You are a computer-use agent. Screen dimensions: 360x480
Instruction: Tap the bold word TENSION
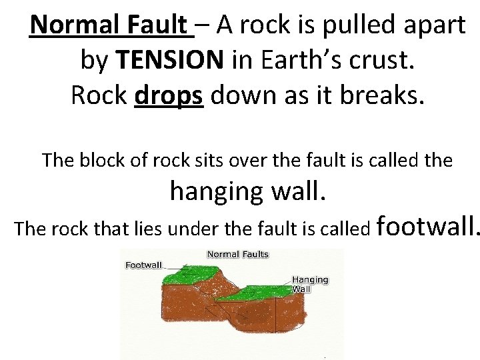(x=170, y=60)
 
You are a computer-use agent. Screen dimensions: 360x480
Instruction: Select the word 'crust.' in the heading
(x=383, y=60)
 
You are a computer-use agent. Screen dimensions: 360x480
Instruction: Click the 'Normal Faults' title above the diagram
(x=238, y=254)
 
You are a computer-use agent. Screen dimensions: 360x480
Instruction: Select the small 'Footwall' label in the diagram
(x=144, y=265)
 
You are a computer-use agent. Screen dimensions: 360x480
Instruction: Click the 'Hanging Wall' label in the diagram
(x=311, y=285)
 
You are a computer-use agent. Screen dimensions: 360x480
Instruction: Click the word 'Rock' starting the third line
(x=98, y=95)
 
